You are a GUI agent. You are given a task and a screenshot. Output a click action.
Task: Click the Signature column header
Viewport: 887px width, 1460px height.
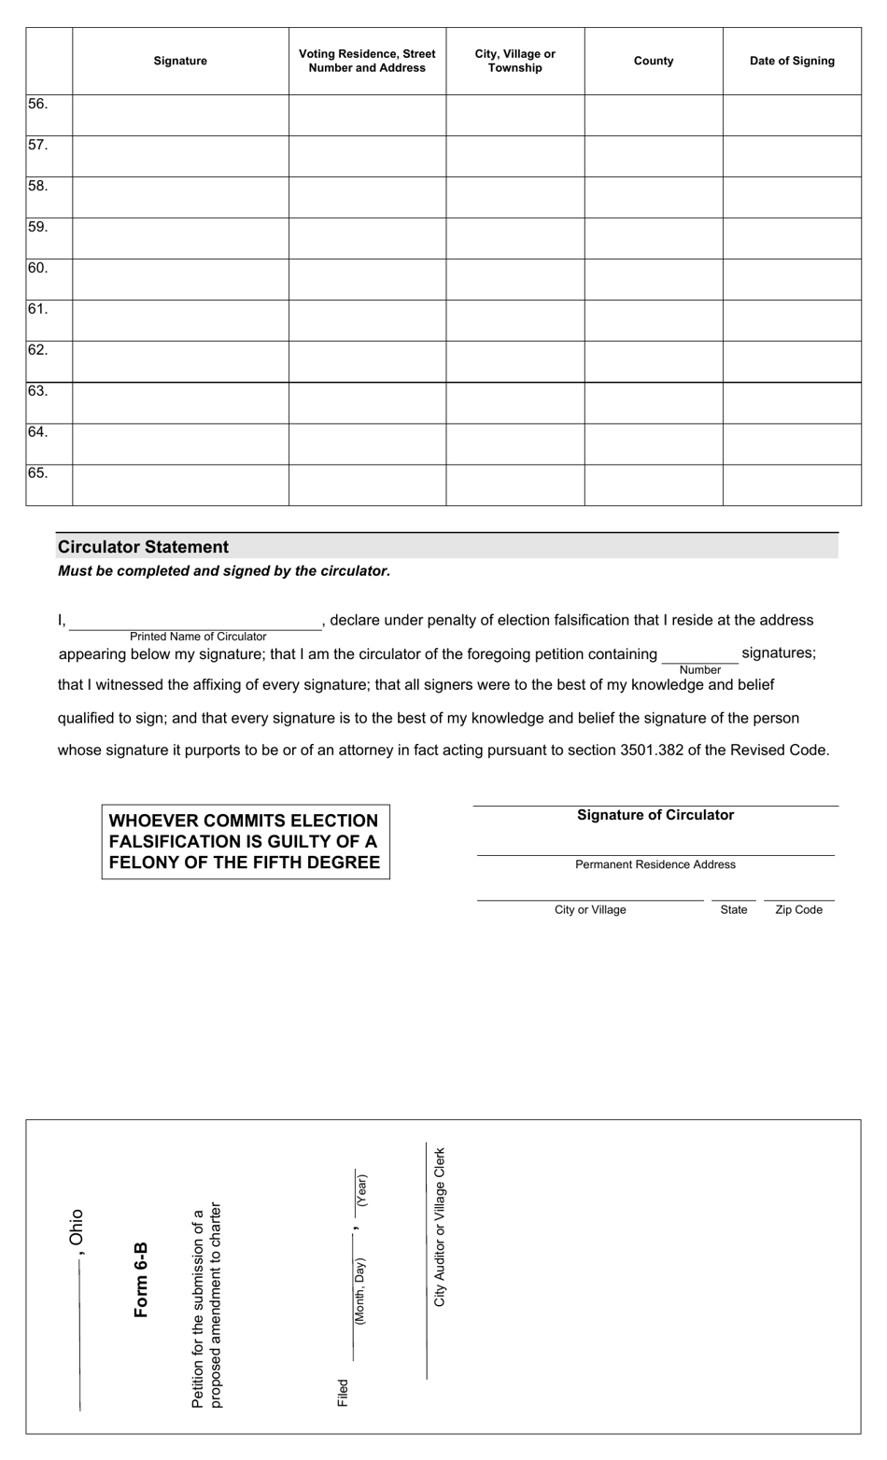click(x=180, y=61)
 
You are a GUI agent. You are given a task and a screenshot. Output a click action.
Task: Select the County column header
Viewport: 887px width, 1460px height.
click(x=654, y=61)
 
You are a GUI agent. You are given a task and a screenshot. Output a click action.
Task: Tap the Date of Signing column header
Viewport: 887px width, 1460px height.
click(x=792, y=61)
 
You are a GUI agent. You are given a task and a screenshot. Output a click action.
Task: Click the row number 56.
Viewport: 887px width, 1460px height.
click(x=38, y=104)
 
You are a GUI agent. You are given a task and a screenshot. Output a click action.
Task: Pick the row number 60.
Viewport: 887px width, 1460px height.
click(x=38, y=268)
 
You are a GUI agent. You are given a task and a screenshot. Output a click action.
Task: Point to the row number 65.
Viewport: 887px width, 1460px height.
click(x=38, y=473)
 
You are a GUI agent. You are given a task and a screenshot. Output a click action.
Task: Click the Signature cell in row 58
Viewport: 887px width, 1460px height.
click(x=180, y=197)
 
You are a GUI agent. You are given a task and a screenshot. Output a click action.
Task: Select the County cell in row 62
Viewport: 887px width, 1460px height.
click(x=654, y=361)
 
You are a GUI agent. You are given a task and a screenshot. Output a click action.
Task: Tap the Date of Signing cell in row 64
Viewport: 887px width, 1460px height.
click(x=792, y=443)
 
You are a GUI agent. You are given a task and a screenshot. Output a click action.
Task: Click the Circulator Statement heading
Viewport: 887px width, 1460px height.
click(x=144, y=547)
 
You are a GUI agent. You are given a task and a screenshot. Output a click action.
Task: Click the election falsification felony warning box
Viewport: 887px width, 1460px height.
click(x=245, y=841)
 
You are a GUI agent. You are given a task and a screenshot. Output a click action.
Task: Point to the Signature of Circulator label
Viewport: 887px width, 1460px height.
click(x=655, y=815)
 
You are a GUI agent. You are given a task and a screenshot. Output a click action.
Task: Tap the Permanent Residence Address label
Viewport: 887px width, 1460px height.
click(x=655, y=864)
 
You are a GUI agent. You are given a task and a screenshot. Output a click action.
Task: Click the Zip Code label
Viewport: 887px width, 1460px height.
click(x=798, y=909)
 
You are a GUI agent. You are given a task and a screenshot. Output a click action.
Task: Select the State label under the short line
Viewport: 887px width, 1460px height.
click(x=734, y=909)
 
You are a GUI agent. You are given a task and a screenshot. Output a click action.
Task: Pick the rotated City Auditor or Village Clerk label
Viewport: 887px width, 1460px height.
click(x=440, y=1227)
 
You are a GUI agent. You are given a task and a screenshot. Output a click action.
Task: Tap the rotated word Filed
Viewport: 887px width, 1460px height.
click(x=343, y=1392)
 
